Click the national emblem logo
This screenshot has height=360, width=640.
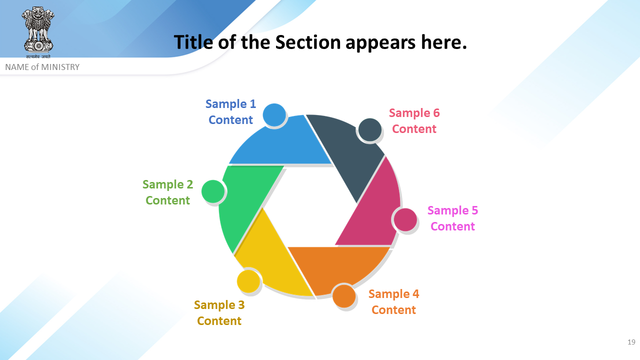tap(37, 32)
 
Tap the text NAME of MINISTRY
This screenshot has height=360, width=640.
tap(42, 67)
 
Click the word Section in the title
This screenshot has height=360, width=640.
tap(307, 42)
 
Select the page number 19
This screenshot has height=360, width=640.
tap(631, 342)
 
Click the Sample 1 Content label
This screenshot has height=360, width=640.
tap(230, 111)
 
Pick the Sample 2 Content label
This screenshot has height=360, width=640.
tap(167, 192)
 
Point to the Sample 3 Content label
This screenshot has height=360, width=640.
tap(219, 313)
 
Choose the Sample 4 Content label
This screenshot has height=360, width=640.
tap(393, 301)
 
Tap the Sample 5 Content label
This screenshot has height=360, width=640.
tap(452, 218)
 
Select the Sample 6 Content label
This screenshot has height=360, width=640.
tap(414, 121)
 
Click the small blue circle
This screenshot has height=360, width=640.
tap(274, 115)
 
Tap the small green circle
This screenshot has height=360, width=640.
tap(213, 191)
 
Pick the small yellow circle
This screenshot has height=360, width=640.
tap(248, 281)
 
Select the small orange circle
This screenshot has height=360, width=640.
tap(344, 296)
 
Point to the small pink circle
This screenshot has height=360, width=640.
tap(405, 219)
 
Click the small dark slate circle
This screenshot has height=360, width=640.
tap(370, 130)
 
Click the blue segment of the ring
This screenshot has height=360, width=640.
tap(285, 144)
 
